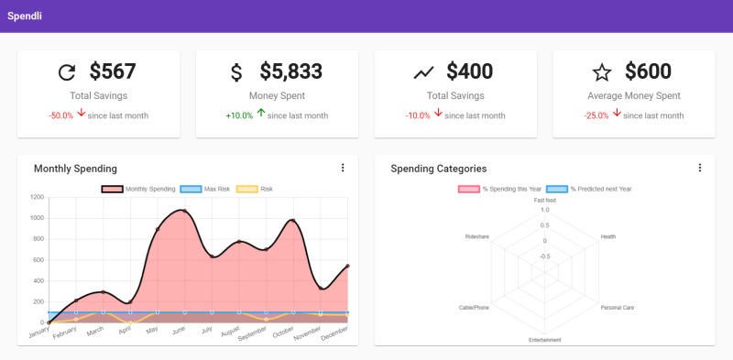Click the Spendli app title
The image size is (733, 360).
pos(24,16)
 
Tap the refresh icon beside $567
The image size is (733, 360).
pos(66,72)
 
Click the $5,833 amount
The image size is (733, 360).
pos(291,71)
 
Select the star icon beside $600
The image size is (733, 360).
pos(601,72)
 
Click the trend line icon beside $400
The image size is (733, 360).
pos(423,72)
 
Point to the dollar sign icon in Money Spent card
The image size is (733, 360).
pos(236,72)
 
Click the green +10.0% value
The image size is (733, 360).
pos(239,115)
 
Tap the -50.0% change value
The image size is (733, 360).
pos(60,115)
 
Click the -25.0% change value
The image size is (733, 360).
pos(597,115)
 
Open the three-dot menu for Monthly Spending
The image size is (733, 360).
pos(343,168)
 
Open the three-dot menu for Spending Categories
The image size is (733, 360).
pos(699,168)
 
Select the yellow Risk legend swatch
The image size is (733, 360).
pos(246,189)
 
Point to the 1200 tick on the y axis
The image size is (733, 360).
pos(36,197)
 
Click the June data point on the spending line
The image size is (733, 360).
pos(184,211)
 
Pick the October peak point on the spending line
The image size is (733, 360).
pos(292,221)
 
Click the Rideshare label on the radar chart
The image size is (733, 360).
pos(476,236)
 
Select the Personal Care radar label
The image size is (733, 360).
pos(617,307)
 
